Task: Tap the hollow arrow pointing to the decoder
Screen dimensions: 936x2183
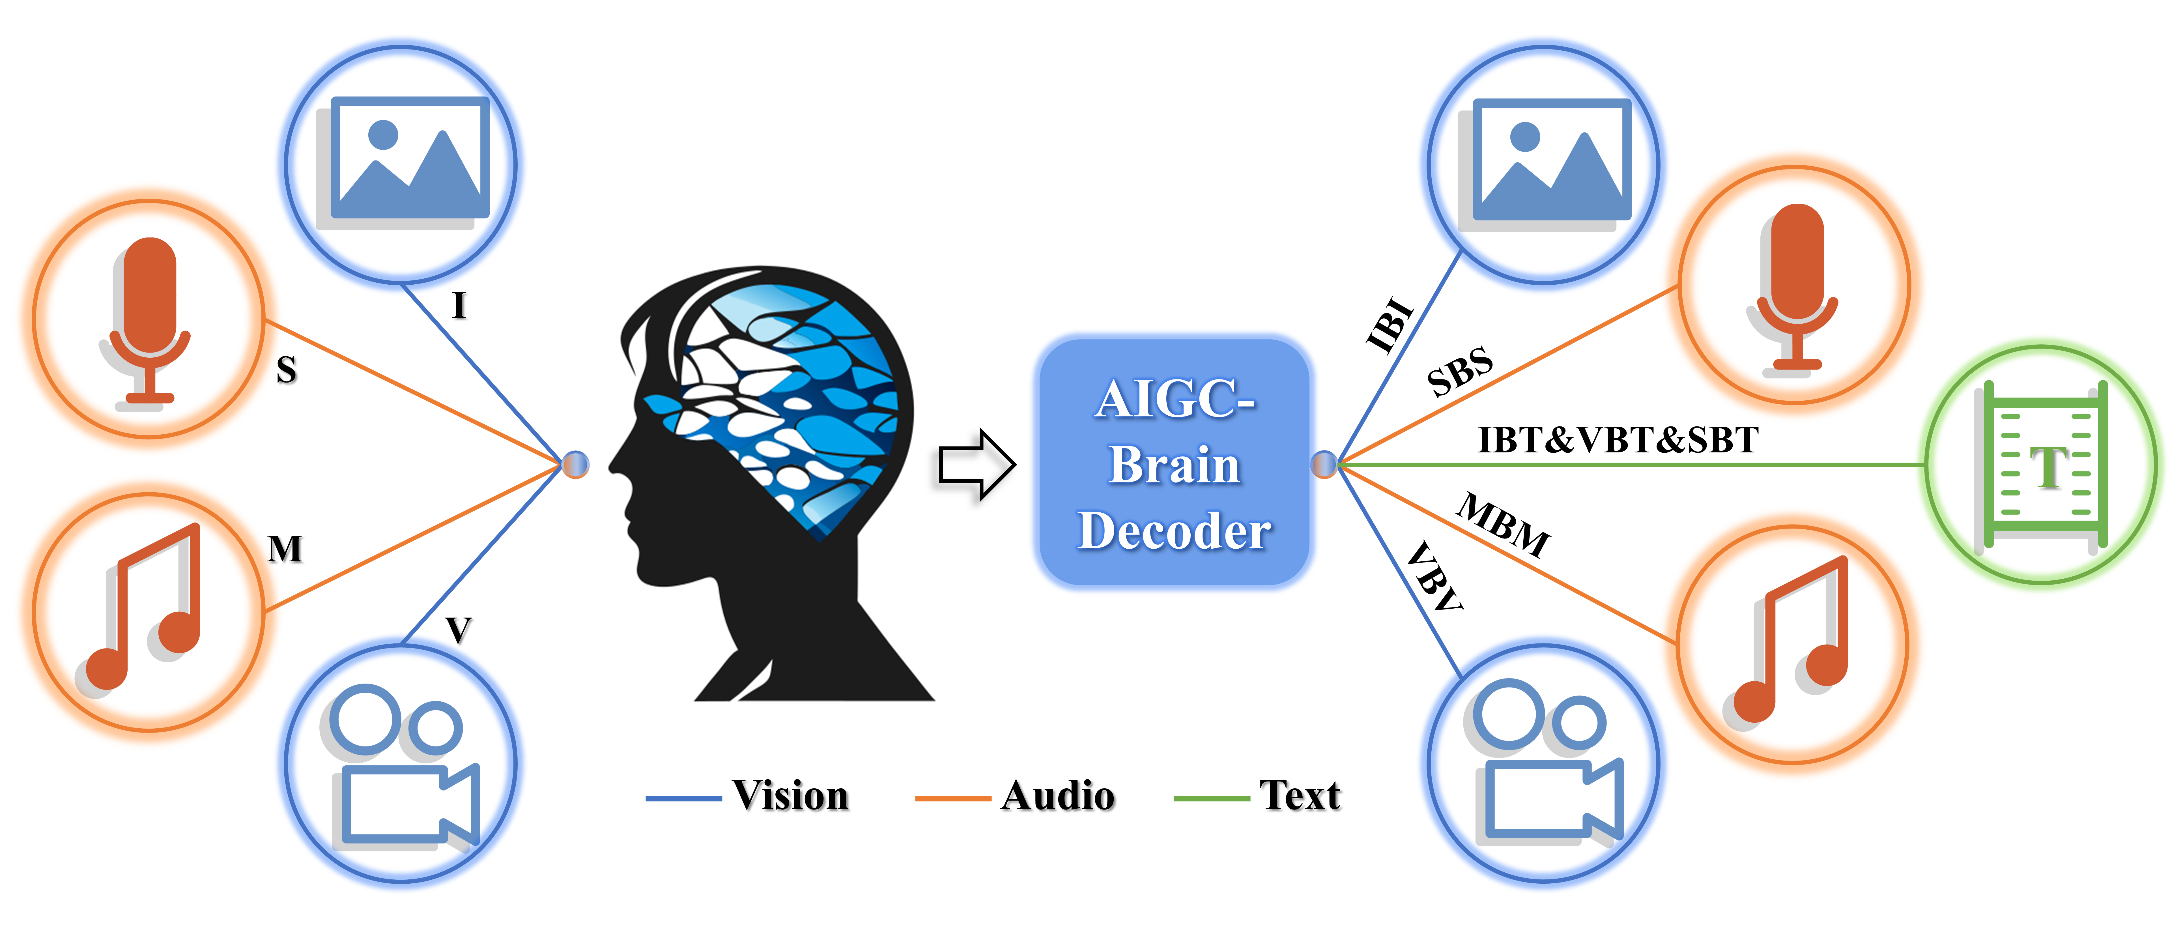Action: [976, 465]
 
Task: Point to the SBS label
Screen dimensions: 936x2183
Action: [1459, 371]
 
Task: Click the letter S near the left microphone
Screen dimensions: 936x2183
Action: [287, 370]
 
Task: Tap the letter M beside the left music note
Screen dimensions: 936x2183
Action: [285, 549]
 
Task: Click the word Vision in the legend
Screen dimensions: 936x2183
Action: [791, 795]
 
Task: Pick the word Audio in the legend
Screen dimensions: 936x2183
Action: [1058, 795]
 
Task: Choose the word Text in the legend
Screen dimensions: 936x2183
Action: [1300, 795]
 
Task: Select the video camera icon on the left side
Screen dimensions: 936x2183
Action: [401, 763]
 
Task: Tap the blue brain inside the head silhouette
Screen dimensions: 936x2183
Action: [792, 398]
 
